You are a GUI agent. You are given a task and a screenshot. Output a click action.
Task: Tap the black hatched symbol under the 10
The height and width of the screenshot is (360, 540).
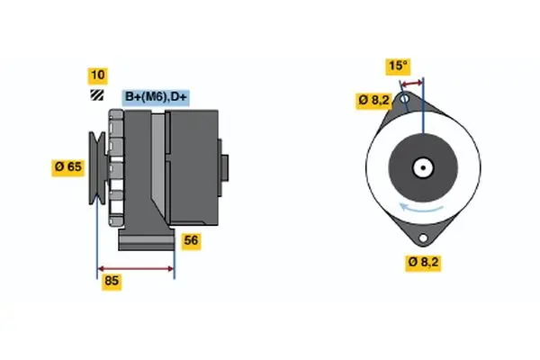96,95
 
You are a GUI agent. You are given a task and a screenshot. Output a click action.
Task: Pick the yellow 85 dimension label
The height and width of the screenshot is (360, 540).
112,281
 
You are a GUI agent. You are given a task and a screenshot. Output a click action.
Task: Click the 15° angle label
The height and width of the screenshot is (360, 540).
398,66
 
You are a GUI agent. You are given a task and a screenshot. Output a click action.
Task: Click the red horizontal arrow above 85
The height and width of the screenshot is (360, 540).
135,268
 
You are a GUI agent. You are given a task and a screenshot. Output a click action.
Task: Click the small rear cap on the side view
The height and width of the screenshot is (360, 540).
224,169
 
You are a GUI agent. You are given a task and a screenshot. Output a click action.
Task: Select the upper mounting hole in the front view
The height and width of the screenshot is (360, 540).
406,97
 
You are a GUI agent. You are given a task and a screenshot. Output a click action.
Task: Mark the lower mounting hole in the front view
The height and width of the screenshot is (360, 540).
422,237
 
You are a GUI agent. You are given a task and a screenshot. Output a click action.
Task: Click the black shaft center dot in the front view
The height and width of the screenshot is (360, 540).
422,167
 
